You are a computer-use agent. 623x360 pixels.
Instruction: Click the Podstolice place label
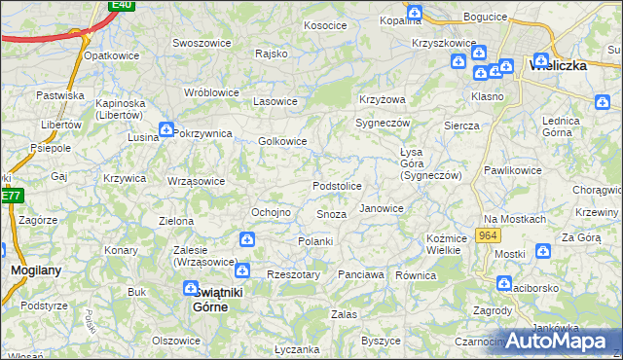coord(337,186)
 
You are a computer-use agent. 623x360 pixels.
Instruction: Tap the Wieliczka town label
coord(557,65)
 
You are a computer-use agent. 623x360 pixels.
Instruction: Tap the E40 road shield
coord(121,5)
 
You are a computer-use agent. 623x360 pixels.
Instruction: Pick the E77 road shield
coord(10,196)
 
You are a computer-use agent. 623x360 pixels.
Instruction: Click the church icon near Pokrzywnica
coord(166,128)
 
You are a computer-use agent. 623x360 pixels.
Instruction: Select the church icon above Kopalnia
coord(415,13)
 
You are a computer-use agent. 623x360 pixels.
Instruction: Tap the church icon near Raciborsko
coord(503,283)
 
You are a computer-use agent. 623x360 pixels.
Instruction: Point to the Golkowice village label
coord(282,141)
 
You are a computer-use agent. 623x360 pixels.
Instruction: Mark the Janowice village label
coord(382,208)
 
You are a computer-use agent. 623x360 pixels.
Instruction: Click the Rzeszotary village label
coord(293,274)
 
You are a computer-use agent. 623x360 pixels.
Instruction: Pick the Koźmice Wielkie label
coord(443,244)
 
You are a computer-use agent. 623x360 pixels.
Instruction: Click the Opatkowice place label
coord(113,55)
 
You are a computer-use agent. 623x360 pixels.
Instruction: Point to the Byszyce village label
coord(381,341)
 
